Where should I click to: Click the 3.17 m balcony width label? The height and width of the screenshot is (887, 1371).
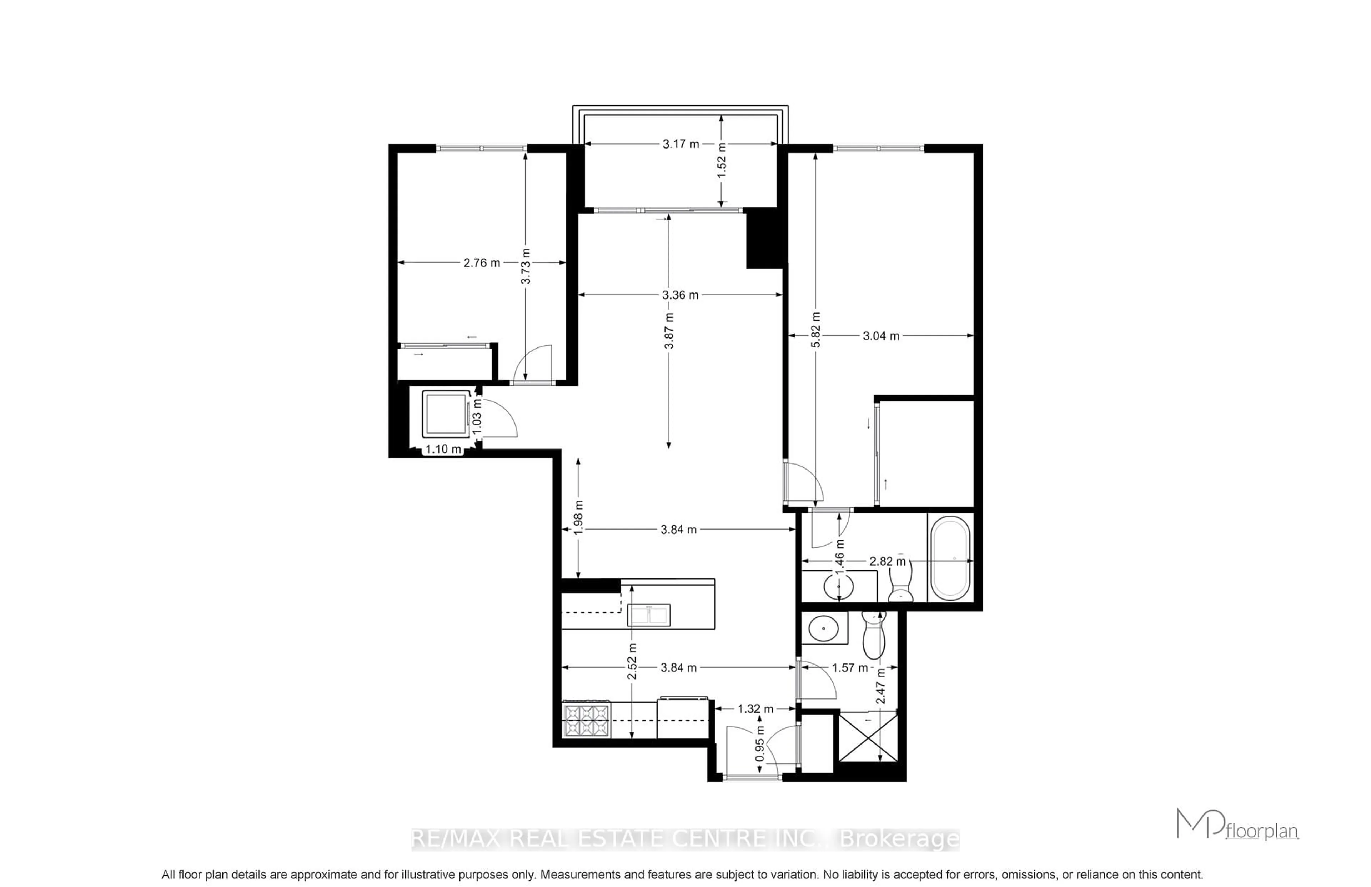680,144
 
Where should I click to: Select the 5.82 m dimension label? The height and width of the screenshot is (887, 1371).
815,330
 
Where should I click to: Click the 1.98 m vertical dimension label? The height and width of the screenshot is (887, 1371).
579,517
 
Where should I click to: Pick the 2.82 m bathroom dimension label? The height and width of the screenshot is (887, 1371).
887,561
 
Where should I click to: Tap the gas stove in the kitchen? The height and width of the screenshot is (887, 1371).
587,720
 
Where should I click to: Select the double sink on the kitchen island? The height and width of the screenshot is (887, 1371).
648,615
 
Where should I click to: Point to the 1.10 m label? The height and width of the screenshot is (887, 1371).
443,449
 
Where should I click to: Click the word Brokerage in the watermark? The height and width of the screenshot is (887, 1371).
899,839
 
